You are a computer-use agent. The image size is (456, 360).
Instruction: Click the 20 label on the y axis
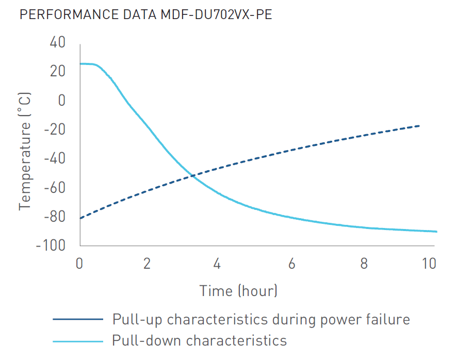click(57, 71)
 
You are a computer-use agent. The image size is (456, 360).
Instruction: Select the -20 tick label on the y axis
click(55, 129)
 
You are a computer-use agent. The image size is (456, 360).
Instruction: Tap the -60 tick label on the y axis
click(55, 188)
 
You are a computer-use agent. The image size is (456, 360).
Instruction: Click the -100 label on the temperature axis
click(51, 246)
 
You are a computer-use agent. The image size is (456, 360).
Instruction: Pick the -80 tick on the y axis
click(55, 217)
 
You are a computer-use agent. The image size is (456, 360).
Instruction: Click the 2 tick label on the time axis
click(147, 264)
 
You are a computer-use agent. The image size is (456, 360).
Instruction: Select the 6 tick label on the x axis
click(291, 264)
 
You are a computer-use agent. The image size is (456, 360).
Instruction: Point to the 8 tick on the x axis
click(364, 264)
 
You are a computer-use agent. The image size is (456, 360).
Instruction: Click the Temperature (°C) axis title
click(25, 151)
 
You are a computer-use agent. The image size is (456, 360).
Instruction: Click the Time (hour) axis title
click(239, 291)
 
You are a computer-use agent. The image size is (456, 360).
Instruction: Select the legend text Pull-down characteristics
click(199, 340)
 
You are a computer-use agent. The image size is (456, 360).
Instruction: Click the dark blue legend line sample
click(78, 319)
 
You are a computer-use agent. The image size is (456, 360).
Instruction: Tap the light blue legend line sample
click(78, 341)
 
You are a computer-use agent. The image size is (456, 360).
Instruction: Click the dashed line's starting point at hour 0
click(80, 218)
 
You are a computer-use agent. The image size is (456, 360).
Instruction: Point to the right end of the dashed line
click(419, 126)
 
